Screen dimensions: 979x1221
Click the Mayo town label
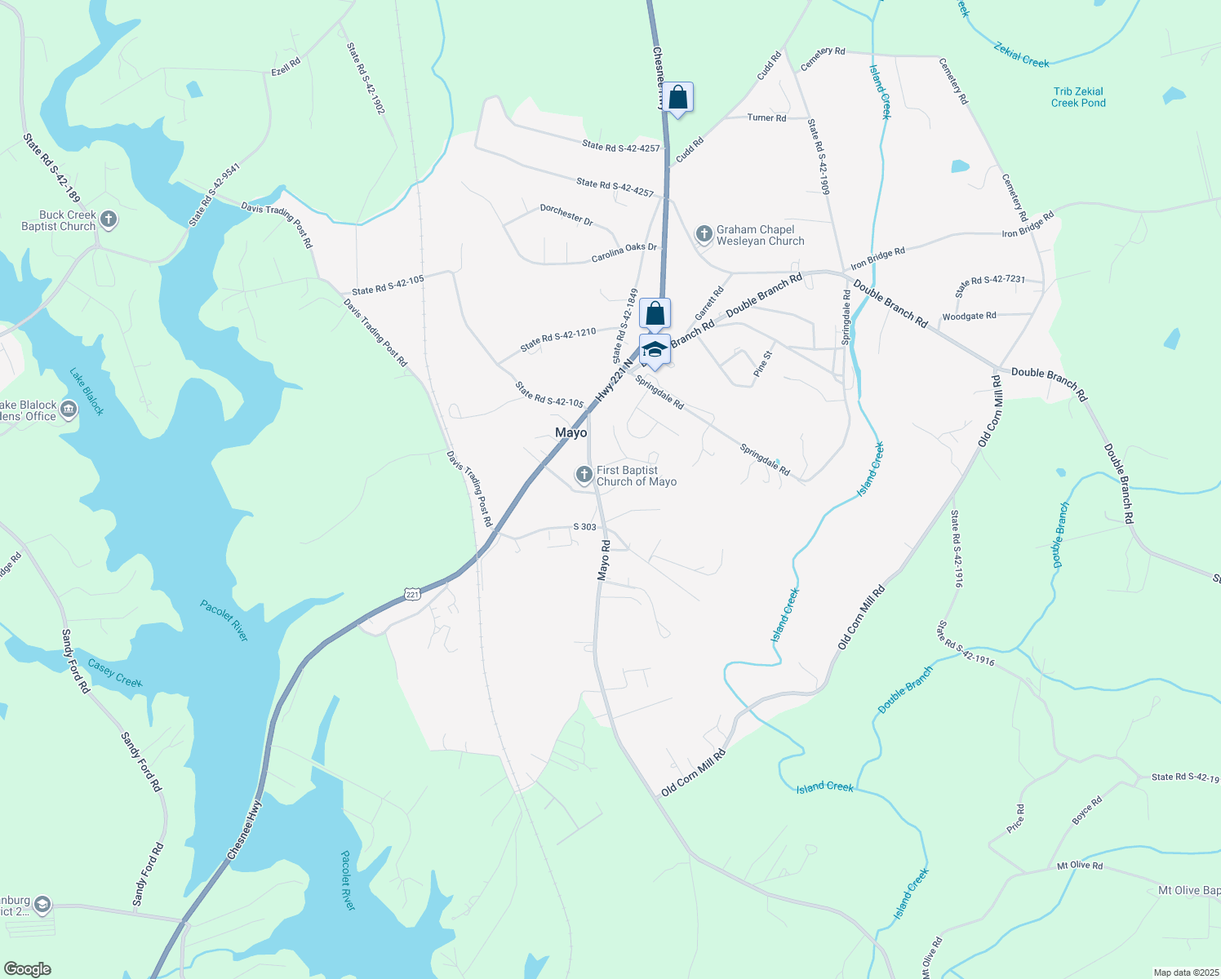point(571,432)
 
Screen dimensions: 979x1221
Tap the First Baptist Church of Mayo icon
point(584,474)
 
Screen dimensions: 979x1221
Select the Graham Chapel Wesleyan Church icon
point(704,235)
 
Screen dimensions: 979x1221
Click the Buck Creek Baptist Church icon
point(109,219)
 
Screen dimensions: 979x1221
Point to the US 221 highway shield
point(412,594)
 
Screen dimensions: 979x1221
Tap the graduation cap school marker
point(655,351)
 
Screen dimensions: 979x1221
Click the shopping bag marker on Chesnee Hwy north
point(677,99)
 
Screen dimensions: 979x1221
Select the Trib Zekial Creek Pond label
point(1078,97)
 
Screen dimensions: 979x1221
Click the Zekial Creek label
point(1021,55)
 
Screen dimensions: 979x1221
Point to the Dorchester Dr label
point(566,215)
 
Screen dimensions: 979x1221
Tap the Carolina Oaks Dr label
point(624,253)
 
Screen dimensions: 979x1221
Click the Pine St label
point(761,364)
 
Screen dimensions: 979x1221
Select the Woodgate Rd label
point(969,316)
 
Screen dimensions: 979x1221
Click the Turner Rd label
point(766,117)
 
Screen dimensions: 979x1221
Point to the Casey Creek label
point(115,673)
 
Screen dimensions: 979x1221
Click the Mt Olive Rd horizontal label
point(1079,866)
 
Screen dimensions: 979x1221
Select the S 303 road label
point(584,527)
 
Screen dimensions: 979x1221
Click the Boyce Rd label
point(1087,810)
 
